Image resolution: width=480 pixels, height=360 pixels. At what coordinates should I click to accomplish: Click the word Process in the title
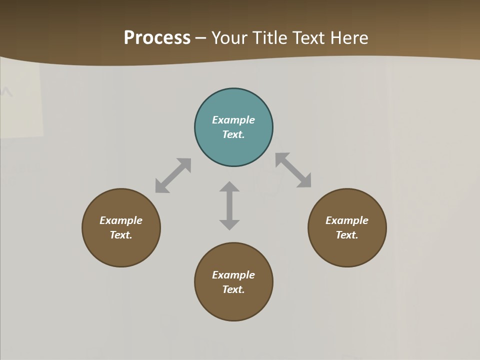(157, 38)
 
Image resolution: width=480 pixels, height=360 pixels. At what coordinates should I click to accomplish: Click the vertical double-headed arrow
(229, 205)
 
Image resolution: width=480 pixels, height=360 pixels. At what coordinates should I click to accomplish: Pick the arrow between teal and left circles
(173, 175)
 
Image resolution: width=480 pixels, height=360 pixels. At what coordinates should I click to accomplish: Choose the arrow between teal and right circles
(293, 170)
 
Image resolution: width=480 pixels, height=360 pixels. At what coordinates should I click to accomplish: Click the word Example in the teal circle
(233, 120)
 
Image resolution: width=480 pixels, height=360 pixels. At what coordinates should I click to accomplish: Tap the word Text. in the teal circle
(233, 134)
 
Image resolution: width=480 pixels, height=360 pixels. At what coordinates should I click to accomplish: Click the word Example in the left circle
(121, 220)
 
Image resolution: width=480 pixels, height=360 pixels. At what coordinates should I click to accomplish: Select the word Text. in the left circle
(121, 235)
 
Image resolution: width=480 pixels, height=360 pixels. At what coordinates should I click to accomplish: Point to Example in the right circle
(347, 220)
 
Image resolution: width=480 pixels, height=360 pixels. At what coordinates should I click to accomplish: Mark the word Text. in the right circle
(347, 235)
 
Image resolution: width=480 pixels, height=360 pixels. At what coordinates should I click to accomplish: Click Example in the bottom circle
(233, 275)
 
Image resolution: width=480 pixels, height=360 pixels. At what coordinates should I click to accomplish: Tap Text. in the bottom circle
(233, 289)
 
